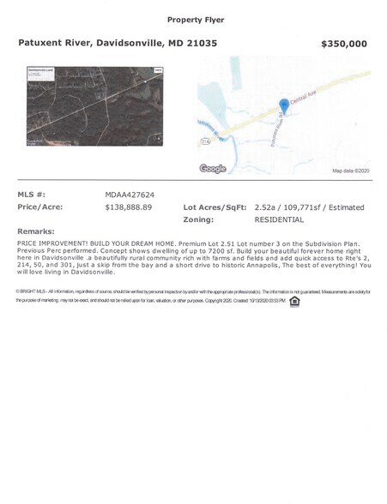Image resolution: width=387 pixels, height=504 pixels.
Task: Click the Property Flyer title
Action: point(193,19)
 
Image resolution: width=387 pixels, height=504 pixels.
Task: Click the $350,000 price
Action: point(343,44)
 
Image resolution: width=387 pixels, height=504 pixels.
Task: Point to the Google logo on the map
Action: point(212,169)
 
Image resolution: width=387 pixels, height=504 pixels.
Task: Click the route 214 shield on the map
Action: point(206,138)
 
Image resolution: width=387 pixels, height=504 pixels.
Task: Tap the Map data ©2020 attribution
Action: point(349,171)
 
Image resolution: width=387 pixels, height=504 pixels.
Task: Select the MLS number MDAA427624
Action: point(130,195)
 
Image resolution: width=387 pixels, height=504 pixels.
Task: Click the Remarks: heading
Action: point(36,231)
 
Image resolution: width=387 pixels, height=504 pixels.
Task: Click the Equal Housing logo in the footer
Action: point(295,301)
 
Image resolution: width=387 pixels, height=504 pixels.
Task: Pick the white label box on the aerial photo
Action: point(39,73)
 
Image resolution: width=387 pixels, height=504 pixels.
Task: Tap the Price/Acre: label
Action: point(40,207)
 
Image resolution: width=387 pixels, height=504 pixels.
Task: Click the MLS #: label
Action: point(31,195)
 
